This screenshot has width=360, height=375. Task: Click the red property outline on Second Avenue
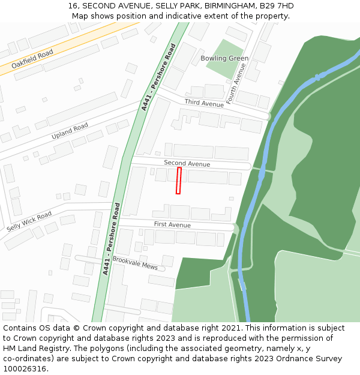point(178,181)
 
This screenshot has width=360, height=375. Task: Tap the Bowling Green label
point(224,58)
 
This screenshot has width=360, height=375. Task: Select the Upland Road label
point(70,131)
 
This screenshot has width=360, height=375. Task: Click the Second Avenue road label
point(187,163)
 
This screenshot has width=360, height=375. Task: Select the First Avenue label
point(172,224)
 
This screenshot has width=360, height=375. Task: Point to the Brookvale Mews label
point(135,263)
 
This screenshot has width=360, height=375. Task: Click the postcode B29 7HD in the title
point(277,5)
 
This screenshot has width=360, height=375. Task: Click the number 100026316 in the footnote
point(24,368)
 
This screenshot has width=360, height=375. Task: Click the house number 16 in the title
point(73,5)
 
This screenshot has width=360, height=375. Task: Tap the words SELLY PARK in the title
point(172,5)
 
